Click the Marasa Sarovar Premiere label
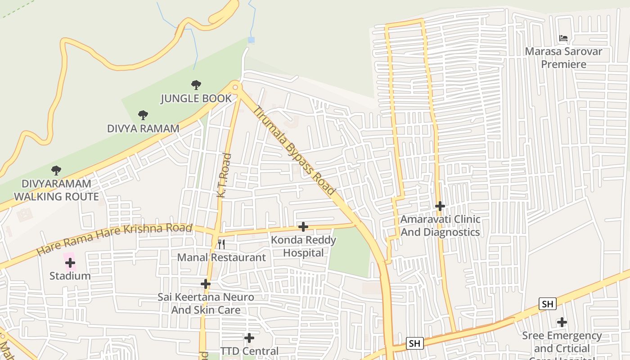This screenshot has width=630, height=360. [x=563, y=58]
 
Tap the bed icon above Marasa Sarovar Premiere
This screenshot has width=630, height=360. [x=563, y=38]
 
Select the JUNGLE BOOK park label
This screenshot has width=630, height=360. [x=196, y=98]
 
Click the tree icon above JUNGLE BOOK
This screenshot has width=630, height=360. [x=196, y=85]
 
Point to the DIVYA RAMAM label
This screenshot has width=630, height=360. [x=143, y=128]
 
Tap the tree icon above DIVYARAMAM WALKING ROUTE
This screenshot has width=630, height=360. [x=56, y=171]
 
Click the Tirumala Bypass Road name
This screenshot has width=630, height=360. [x=295, y=150]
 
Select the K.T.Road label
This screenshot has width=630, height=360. [x=224, y=175]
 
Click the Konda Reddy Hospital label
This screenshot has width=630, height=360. [x=303, y=246]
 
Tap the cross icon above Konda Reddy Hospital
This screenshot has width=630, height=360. [x=303, y=227]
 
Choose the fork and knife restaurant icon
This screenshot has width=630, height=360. [x=221, y=244]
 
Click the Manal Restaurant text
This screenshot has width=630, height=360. [x=221, y=257]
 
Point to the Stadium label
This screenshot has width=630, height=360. [x=70, y=275]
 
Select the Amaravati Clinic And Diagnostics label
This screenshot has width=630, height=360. [x=440, y=226]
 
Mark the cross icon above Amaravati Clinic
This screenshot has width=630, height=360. [x=440, y=206]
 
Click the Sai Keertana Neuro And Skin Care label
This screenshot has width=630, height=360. [x=206, y=303]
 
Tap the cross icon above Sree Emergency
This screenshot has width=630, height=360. [x=562, y=322]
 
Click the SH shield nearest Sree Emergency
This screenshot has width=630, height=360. [x=547, y=304]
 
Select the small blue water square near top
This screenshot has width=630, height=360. [x=251, y=40]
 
